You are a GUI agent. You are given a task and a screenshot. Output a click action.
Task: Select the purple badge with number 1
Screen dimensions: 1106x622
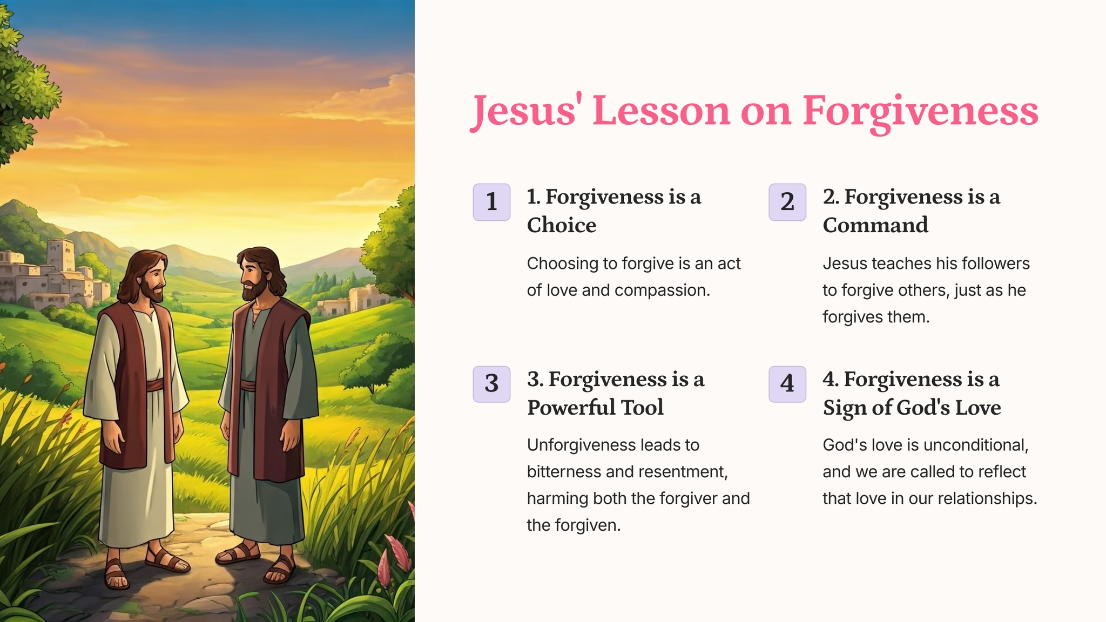tap(491, 202)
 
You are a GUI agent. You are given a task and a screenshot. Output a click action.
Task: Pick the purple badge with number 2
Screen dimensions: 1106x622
tap(787, 202)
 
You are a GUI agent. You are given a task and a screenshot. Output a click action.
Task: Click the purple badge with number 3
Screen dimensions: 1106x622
tap(491, 384)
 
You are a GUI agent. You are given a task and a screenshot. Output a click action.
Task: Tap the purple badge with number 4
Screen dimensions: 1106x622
tap(787, 384)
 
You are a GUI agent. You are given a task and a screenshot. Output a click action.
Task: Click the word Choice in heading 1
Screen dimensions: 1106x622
tap(562, 225)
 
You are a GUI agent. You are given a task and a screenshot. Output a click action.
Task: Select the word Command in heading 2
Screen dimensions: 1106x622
tap(875, 225)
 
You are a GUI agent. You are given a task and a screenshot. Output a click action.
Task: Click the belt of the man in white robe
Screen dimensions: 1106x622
tap(154, 385)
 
